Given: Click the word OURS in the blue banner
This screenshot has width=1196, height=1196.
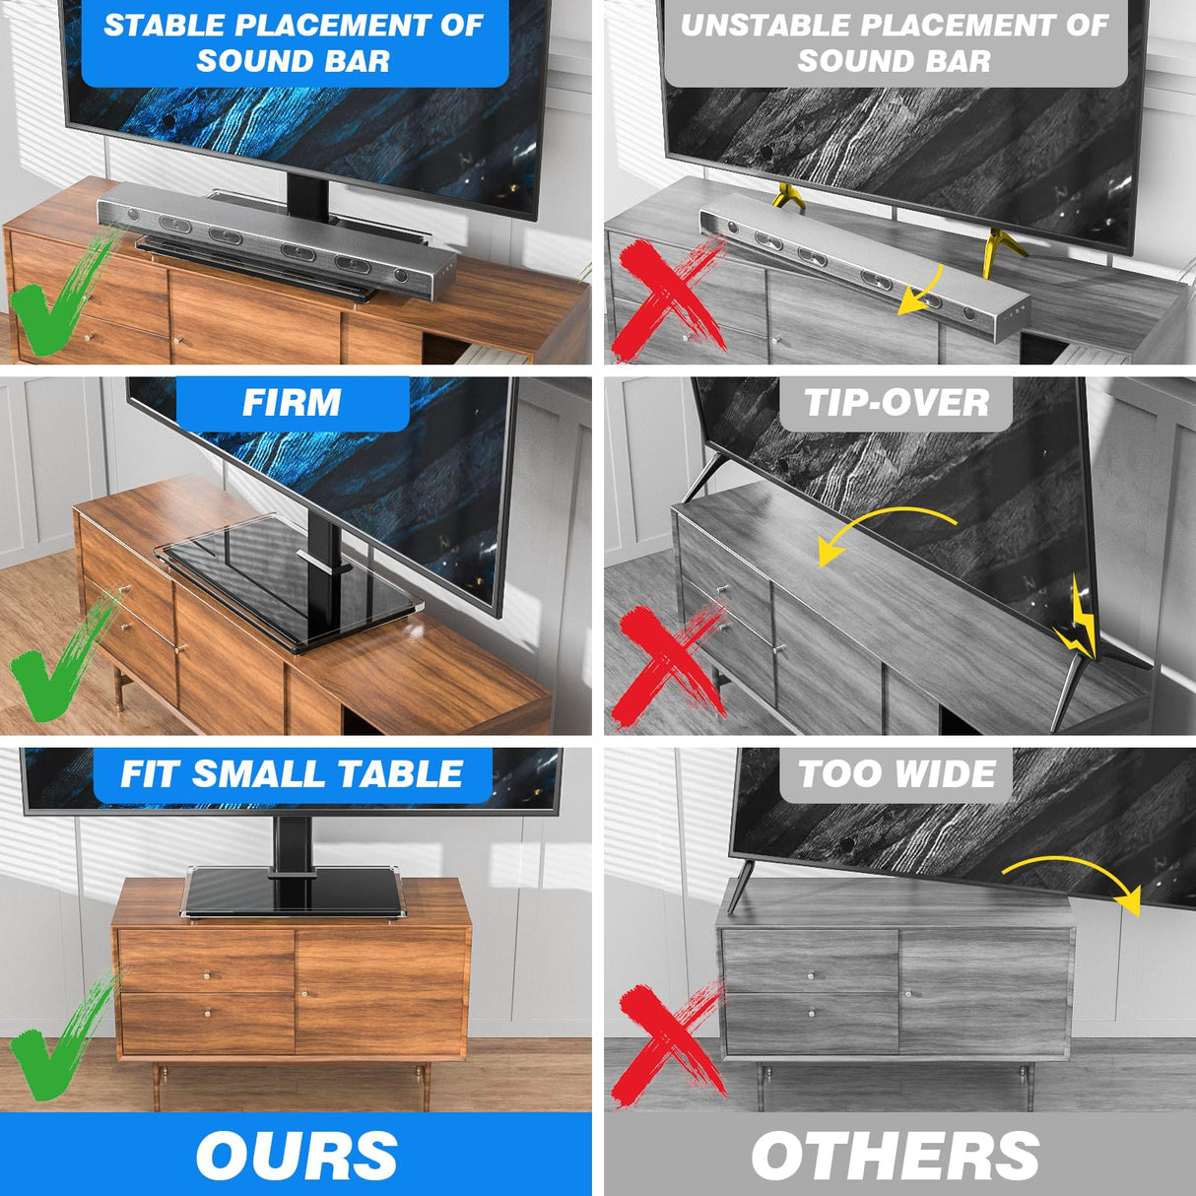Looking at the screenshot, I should [296, 1156].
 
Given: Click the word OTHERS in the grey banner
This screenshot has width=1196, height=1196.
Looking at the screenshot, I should [895, 1156].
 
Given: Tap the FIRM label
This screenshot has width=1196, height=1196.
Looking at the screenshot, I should [292, 403].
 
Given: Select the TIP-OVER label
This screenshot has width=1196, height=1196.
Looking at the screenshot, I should [896, 403].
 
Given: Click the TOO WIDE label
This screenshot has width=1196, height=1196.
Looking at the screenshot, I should [896, 774].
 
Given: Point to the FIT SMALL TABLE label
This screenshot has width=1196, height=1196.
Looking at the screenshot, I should [292, 774].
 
